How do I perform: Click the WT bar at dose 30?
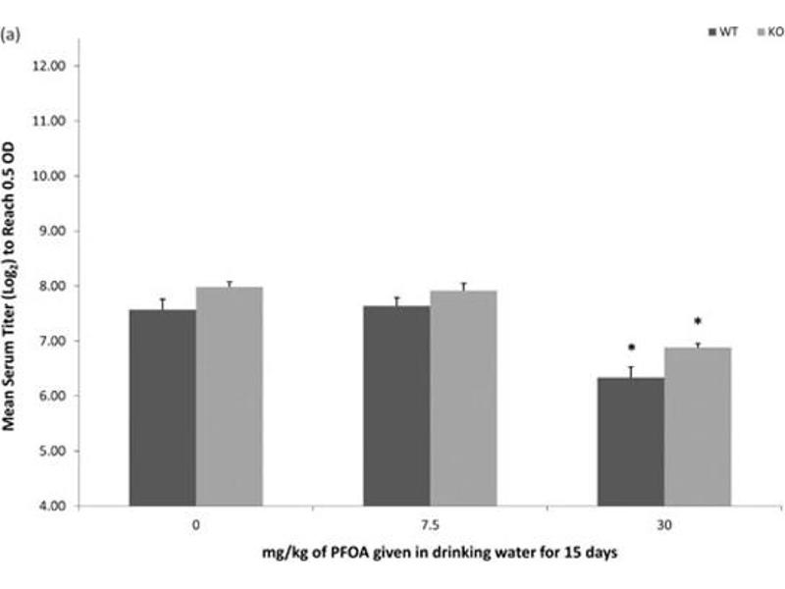coord(631,442)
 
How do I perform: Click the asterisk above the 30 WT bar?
coord(632,348)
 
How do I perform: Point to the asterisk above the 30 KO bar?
coord(698,322)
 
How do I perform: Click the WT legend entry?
coord(724,32)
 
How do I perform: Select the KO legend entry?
coord(769,32)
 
